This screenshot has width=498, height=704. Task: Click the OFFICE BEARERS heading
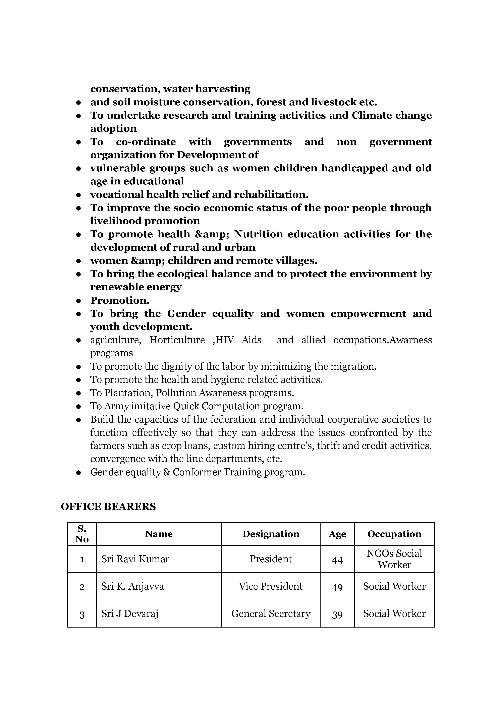(x=108, y=507)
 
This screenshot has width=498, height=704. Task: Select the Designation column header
(x=271, y=534)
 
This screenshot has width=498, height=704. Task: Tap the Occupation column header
(x=394, y=534)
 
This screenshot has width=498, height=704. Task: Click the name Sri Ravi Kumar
(x=135, y=559)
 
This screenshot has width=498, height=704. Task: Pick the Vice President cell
(x=271, y=586)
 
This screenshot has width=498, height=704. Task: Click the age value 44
(x=337, y=559)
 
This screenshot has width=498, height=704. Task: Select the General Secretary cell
(x=271, y=613)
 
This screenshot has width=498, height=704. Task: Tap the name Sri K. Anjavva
(x=132, y=586)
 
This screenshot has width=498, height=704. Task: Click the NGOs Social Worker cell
(x=394, y=559)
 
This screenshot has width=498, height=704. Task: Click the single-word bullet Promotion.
(x=120, y=300)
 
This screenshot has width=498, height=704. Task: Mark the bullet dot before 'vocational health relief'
(x=78, y=195)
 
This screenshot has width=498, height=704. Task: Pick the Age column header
(x=337, y=534)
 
